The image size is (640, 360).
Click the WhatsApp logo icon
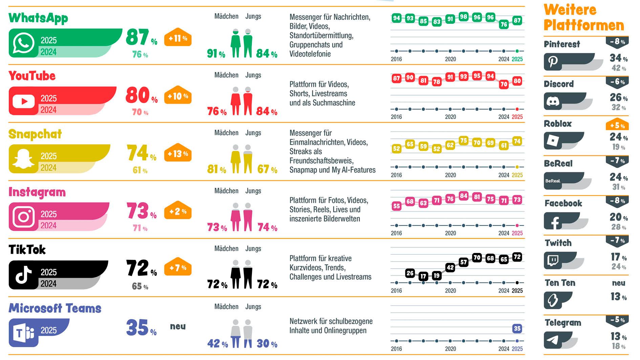coord(23,43)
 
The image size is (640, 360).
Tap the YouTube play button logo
coord(23,101)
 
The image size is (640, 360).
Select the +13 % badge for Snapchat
coord(178,154)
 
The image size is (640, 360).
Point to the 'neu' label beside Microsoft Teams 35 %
coord(178,326)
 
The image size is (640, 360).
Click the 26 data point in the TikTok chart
coord(410,273)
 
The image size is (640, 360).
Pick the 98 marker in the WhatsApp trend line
coord(463,17)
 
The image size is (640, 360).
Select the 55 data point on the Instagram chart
coord(396,206)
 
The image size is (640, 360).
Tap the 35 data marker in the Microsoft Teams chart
coord(517,328)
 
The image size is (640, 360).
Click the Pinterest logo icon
coord(553,62)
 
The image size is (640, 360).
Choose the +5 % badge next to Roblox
coord(617,125)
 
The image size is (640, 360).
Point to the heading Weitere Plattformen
coord(583,18)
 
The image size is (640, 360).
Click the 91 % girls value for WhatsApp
coord(216,54)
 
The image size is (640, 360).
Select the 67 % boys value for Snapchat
coord(267,169)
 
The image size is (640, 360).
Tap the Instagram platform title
coord(37,192)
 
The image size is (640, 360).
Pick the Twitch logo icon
coord(553,260)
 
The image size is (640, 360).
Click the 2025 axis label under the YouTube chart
coord(517,117)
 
